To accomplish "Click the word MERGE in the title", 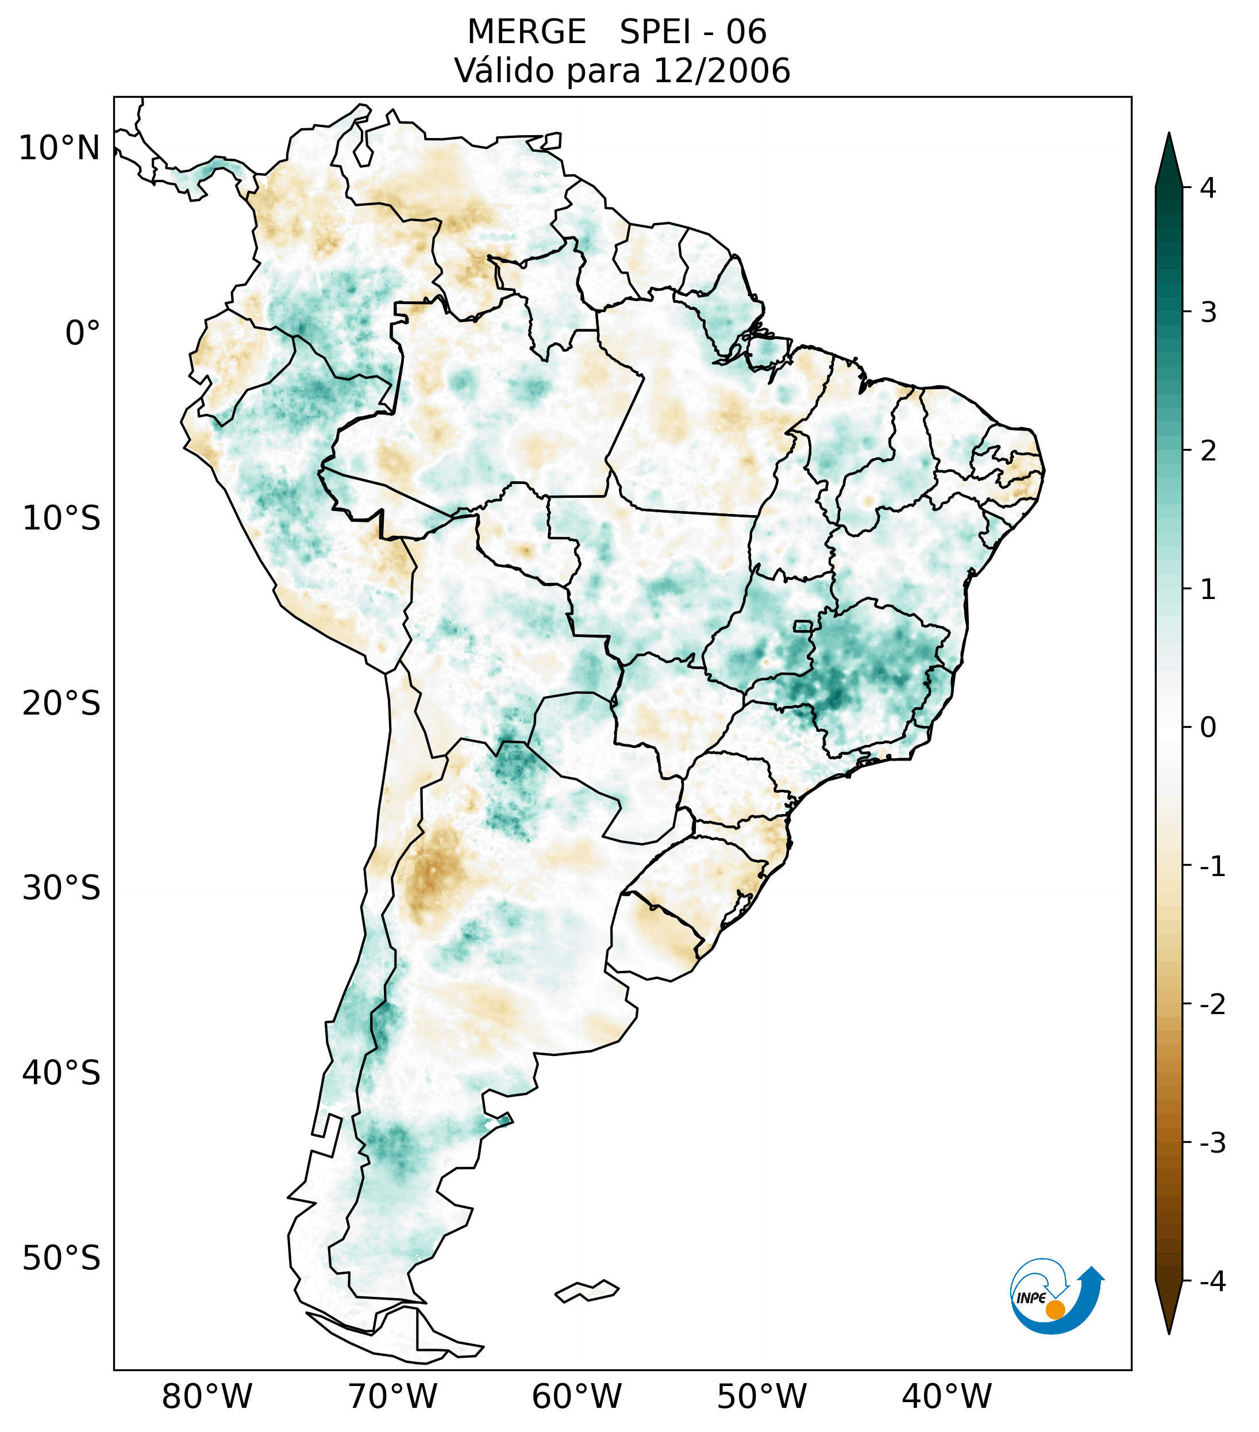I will [x=526, y=32].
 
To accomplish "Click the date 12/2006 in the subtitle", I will [x=721, y=71].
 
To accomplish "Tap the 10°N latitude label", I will [x=60, y=148].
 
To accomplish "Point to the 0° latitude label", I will [x=83, y=333].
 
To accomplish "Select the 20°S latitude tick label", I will [x=61, y=704].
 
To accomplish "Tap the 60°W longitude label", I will [x=576, y=1396].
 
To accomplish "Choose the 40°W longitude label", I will [x=947, y=1396].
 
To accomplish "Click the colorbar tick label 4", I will [x=1208, y=188].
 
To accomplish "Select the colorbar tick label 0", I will [x=1208, y=728].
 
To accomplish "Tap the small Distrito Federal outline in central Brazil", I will [x=802, y=625].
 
